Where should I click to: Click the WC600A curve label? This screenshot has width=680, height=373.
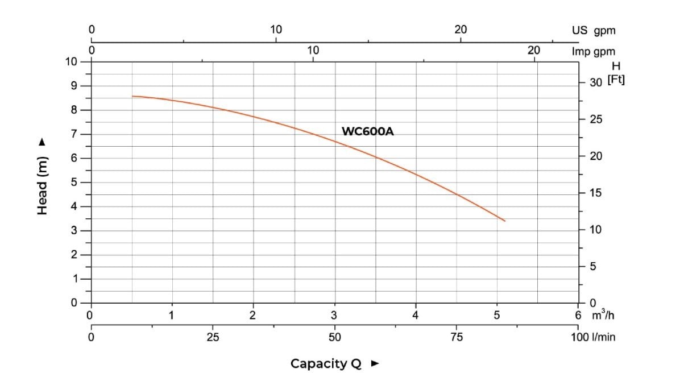click(367, 131)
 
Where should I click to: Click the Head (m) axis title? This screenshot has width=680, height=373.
click(42, 185)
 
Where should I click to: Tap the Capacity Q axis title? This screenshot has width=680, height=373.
click(326, 363)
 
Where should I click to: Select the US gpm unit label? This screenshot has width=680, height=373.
click(594, 31)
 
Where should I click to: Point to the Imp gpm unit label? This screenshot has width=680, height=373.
click(593, 52)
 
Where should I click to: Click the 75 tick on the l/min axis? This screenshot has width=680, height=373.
click(456, 337)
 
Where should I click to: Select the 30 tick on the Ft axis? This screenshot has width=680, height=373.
click(595, 83)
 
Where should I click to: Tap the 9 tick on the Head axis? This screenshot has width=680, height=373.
click(73, 86)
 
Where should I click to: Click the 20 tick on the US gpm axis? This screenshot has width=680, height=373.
click(461, 30)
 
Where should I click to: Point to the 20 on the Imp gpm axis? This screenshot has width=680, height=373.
click(533, 50)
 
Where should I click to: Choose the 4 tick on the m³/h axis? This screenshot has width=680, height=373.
click(416, 315)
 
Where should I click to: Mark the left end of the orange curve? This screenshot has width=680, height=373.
click(132, 96)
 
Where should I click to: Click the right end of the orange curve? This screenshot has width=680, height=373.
click(504, 221)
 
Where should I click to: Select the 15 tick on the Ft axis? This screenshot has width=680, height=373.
click(595, 193)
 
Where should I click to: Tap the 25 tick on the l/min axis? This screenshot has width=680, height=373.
click(213, 337)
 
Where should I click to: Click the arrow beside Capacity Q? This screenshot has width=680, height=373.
click(374, 363)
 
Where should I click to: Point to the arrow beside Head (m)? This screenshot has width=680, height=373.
click(41, 143)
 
